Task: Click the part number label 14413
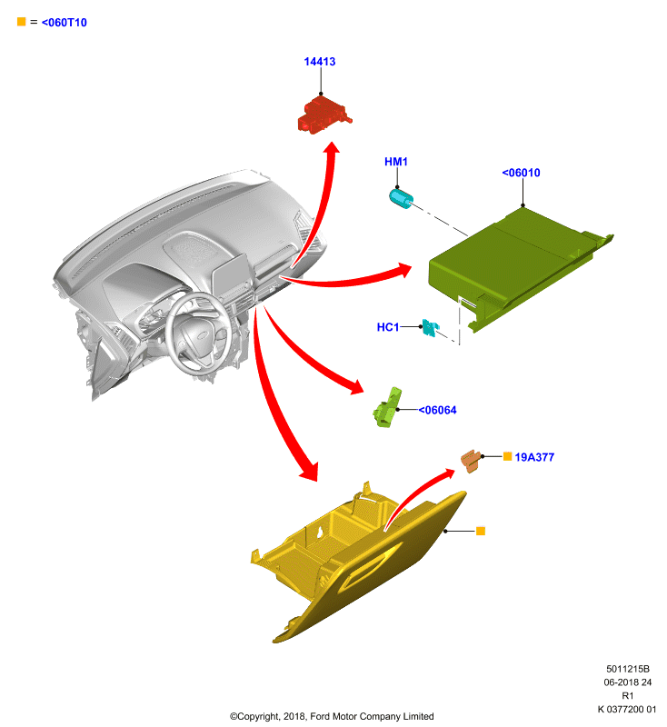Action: (x=319, y=62)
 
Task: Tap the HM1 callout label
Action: (x=396, y=162)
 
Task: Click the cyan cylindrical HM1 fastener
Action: (x=401, y=199)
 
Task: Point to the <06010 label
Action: (x=521, y=173)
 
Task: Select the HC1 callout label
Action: (x=388, y=327)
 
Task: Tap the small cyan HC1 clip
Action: (x=430, y=328)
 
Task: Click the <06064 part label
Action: (x=438, y=411)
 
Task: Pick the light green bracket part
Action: (x=387, y=408)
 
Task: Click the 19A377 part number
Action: (x=534, y=458)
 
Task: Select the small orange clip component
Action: (x=471, y=461)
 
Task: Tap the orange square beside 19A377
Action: (x=508, y=457)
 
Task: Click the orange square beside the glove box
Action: (x=481, y=531)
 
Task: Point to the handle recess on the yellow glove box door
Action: (x=370, y=566)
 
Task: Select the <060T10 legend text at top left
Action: (x=64, y=23)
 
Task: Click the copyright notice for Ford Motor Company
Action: (x=332, y=716)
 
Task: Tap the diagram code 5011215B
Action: (x=628, y=669)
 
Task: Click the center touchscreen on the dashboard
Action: (x=232, y=274)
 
